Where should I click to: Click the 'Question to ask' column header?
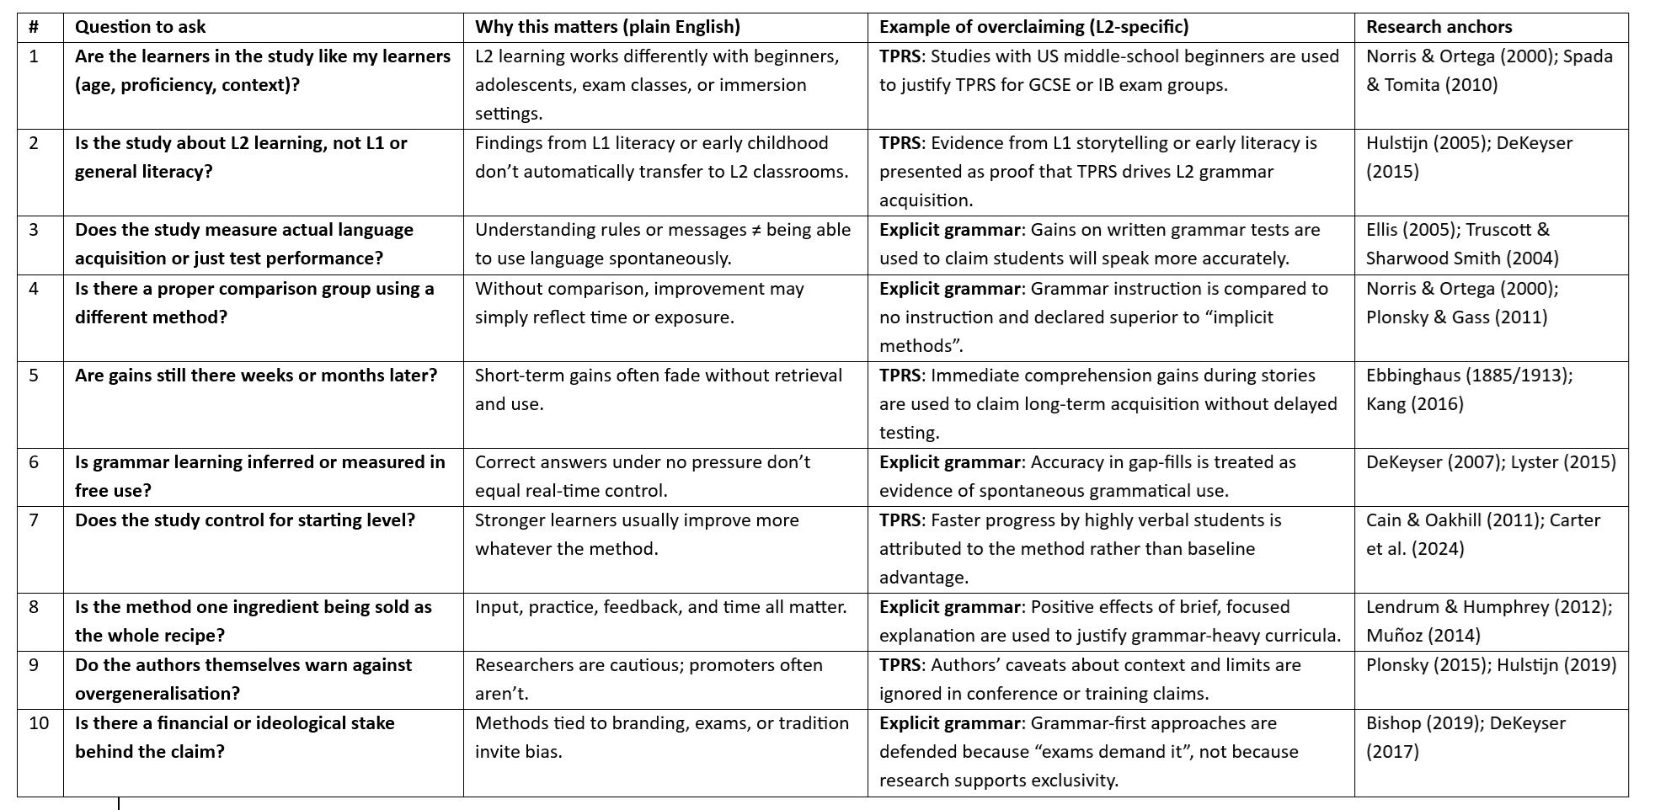tap(140, 27)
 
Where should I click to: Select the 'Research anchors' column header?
tap(1439, 27)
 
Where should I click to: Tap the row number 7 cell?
tap(34, 520)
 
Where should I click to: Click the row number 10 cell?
tap(39, 723)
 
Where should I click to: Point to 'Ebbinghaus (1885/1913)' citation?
tap(1469, 376)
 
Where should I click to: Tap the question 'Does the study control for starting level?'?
tap(245, 520)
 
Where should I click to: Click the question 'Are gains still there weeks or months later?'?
tap(256, 376)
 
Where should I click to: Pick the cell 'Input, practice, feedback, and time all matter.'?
tap(661, 607)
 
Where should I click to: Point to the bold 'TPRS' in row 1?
tap(900, 56)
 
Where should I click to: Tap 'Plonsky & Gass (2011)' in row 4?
tap(1456, 317)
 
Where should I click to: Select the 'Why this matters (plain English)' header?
tap(607, 27)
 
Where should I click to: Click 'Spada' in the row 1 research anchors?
tap(1588, 56)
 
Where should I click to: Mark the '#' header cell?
tap(34, 27)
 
